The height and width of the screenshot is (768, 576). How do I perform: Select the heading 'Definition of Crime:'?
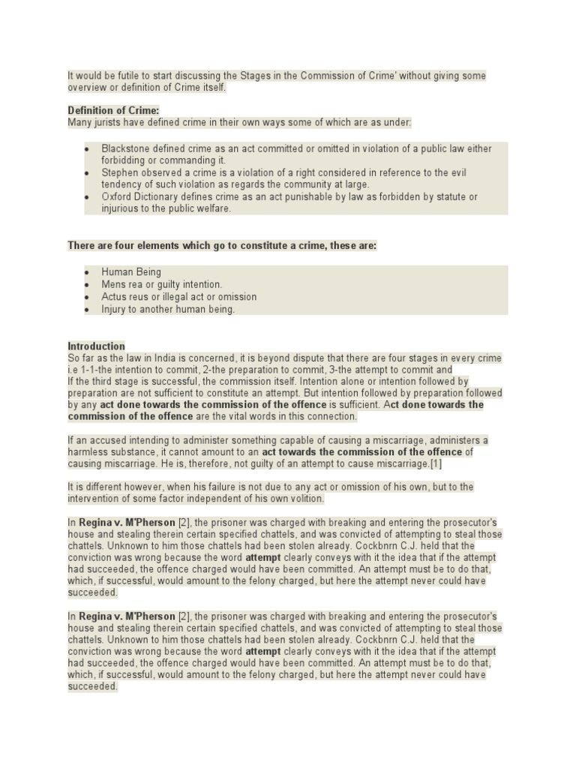(113, 111)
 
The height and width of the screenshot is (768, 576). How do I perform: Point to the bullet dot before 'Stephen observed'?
(87, 172)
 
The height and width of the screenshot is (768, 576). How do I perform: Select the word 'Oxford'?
(117, 196)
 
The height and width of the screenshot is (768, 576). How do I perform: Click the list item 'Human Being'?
(131, 272)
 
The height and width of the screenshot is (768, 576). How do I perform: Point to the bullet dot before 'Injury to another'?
(87, 309)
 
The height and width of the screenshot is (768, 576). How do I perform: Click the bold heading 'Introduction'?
(96, 346)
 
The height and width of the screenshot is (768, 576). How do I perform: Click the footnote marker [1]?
(436, 463)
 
